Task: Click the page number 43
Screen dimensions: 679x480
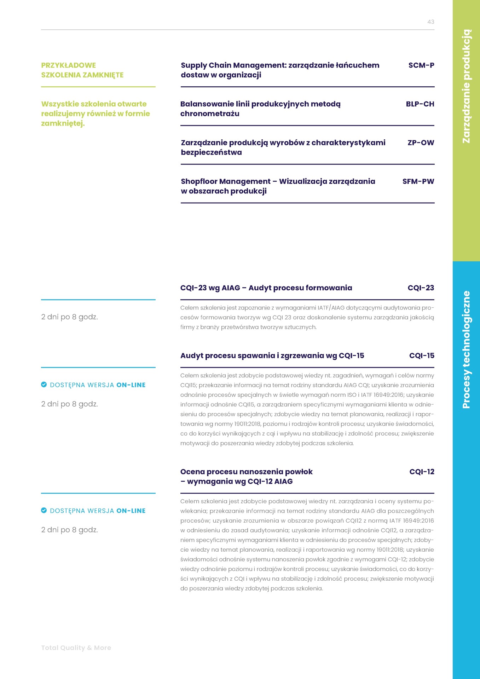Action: [430, 22]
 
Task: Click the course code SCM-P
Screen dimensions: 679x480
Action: [421, 65]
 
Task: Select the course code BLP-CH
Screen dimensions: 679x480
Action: [420, 104]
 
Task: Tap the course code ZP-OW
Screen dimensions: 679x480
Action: [421, 143]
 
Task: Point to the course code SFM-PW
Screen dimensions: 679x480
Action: [418, 181]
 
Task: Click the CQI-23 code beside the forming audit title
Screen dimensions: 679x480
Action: [421, 288]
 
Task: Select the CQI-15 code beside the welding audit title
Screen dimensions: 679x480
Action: [422, 356]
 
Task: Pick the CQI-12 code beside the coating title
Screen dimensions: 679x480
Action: [422, 472]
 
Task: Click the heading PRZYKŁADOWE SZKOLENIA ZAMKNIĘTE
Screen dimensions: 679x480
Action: [82, 70]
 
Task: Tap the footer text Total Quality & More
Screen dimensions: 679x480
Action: [76, 648]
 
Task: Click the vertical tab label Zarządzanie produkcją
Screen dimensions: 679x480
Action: [467, 86]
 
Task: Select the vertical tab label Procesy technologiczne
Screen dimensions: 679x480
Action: [467, 350]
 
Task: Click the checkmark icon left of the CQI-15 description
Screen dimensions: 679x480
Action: [44, 385]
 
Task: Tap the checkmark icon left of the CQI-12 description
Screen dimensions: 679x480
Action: [44, 510]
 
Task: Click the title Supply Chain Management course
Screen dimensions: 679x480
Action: [279, 70]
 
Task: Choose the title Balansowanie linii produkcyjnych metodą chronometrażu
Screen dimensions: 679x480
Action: [260, 109]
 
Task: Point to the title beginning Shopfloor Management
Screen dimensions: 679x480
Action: [278, 186]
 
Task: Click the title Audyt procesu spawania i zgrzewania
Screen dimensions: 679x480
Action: [272, 356]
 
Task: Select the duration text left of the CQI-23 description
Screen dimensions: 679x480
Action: [69, 317]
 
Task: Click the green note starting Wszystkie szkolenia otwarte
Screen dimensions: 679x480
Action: [95, 114]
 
